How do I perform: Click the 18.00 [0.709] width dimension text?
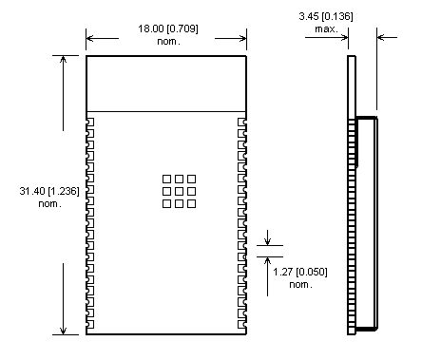click(168, 28)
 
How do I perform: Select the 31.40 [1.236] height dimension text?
click(49, 191)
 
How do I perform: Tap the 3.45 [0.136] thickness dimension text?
click(326, 16)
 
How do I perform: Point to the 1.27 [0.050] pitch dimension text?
click(300, 272)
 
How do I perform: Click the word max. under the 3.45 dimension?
click(326, 29)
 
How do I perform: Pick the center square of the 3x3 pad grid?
click(179, 191)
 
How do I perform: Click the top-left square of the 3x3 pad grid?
click(166, 180)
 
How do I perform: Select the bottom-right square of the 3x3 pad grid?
click(191, 203)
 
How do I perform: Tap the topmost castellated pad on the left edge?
click(90, 123)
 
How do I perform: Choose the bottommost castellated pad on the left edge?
click(90, 324)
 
